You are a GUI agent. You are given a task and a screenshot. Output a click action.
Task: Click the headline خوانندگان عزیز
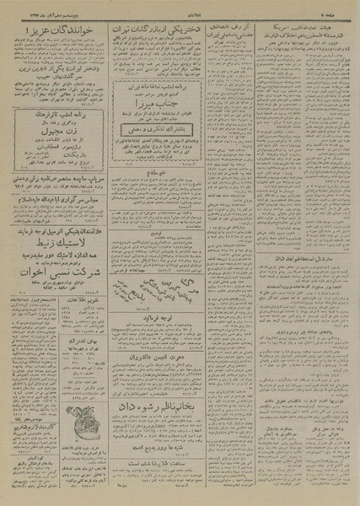[x=49, y=33]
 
